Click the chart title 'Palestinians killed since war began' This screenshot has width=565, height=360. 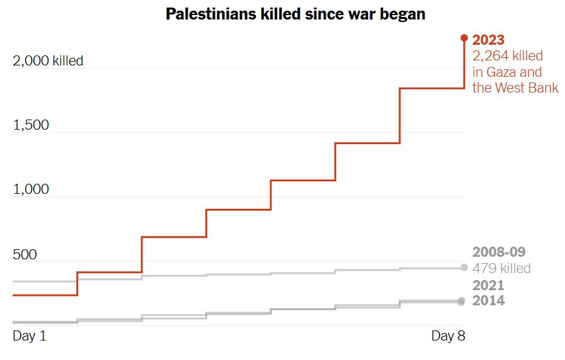click(x=295, y=14)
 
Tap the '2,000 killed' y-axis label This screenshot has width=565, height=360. click(x=48, y=61)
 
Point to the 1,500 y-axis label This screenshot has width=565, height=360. click(x=31, y=125)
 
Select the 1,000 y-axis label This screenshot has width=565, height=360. click(x=31, y=189)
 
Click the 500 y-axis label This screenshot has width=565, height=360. click(x=26, y=254)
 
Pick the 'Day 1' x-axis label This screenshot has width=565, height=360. click(x=30, y=336)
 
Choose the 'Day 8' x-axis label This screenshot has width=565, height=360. click(x=448, y=336)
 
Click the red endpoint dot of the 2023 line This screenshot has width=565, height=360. click(x=464, y=38)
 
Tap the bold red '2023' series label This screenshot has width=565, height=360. click(x=488, y=40)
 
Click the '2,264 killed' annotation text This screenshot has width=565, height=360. click(x=508, y=56)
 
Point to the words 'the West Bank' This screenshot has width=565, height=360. click(x=515, y=87)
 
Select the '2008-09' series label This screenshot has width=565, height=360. click(x=498, y=252)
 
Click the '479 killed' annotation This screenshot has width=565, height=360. click(x=501, y=269)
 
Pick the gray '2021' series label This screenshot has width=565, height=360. click(x=488, y=285)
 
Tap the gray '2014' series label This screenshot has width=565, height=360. click(x=488, y=301)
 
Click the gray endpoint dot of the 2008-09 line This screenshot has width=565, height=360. click(x=464, y=267)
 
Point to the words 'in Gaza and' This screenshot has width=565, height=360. click(x=507, y=72)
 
